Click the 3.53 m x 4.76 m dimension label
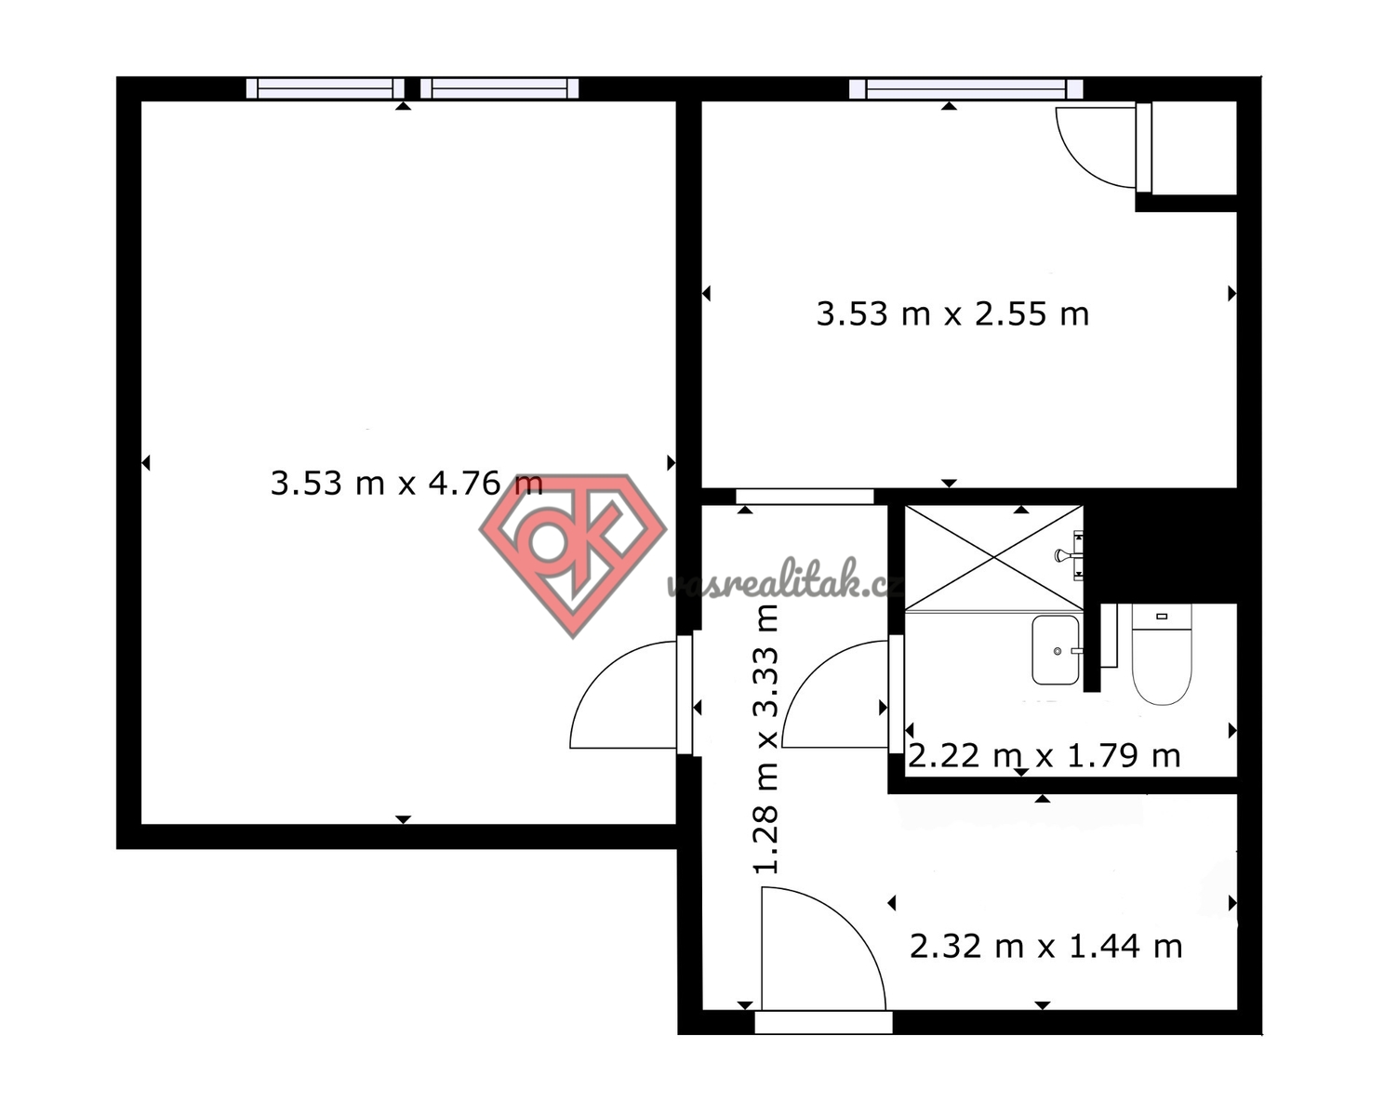(x=406, y=483)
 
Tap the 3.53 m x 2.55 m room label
(x=952, y=314)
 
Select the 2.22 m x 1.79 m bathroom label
(x=1044, y=756)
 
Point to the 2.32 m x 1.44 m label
(x=1045, y=947)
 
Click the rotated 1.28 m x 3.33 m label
(x=766, y=739)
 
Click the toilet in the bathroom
(x=1162, y=654)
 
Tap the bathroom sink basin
(x=1056, y=650)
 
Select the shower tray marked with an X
(x=993, y=558)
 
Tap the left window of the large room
(x=326, y=88)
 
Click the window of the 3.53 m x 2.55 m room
(x=966, y=88)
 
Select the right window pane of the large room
(x=499, y=88)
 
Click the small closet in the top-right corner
(x=1193, y=147)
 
